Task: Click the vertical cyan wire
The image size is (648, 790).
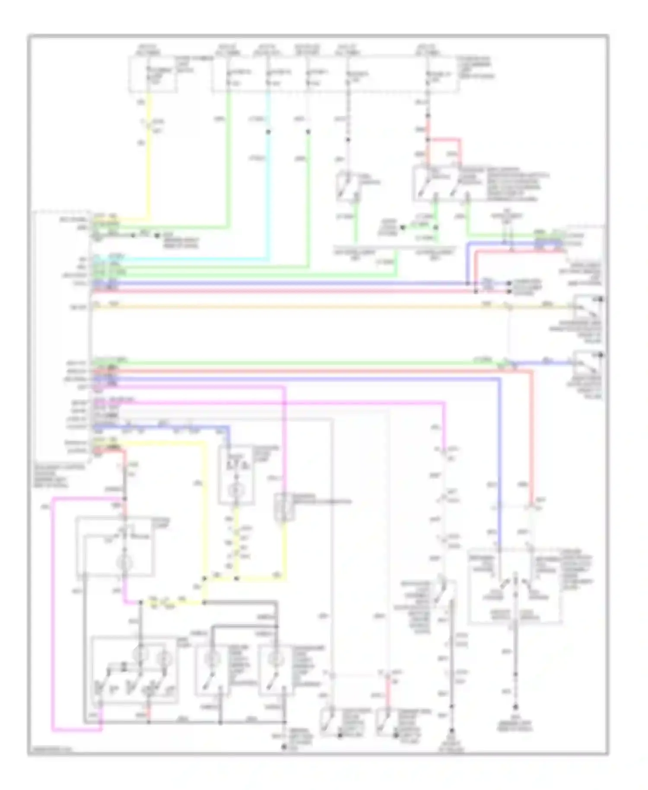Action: coord(268,194)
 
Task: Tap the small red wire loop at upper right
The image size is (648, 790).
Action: coord(445,147)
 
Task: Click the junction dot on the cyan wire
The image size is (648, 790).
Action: coord(268,132)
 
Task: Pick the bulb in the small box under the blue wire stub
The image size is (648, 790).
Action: coord(236,491)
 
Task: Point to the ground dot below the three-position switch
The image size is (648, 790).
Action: coord(515,707)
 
